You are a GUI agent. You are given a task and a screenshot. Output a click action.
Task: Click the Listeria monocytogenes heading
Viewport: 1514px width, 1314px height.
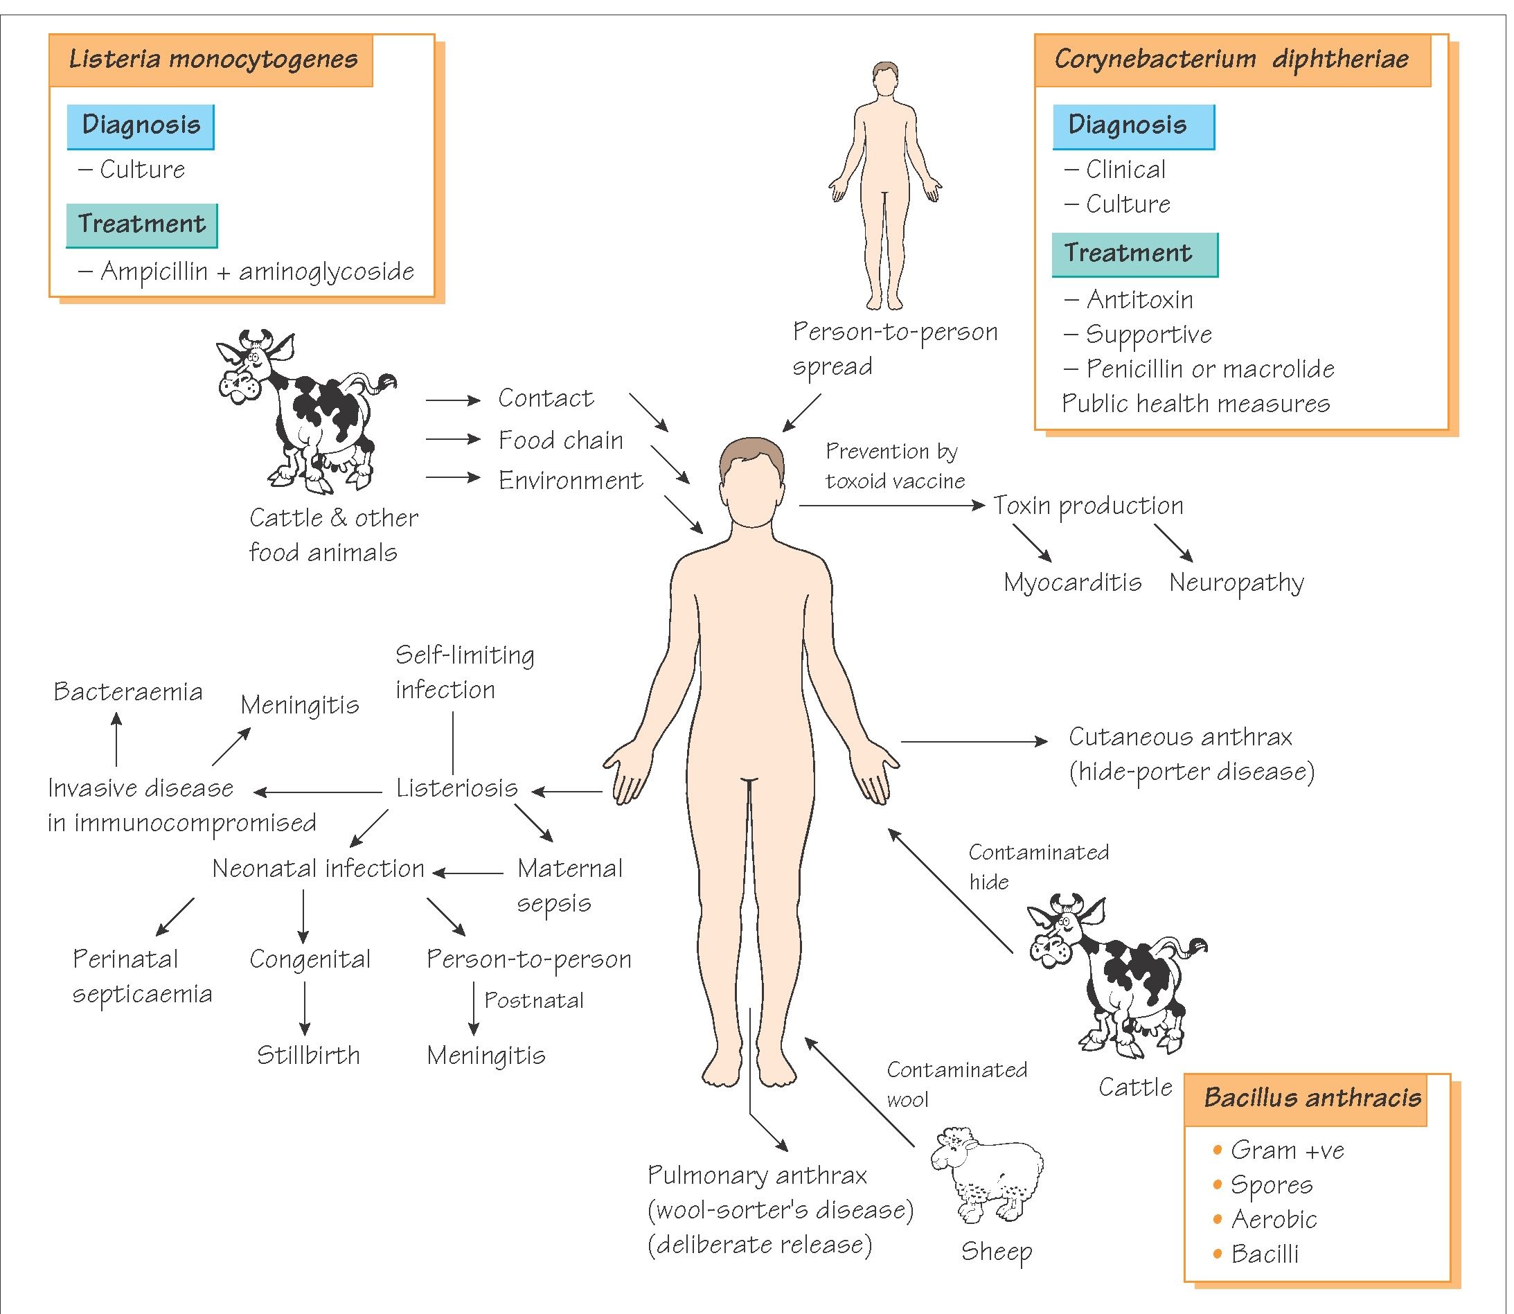point(213,60)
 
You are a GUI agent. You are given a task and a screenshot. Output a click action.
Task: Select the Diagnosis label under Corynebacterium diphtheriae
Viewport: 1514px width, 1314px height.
point(1127,125)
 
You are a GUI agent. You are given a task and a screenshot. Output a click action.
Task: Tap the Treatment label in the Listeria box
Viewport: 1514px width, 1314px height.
point(141,224)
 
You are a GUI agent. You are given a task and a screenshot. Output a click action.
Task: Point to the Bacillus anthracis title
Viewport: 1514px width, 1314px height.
point(1312,1098)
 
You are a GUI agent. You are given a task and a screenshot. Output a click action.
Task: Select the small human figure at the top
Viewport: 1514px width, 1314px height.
point(885,187)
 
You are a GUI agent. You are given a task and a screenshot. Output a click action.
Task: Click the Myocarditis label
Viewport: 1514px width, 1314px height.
point(1072,583)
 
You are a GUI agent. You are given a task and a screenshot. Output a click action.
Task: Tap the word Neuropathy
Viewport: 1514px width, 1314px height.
point(1236,583)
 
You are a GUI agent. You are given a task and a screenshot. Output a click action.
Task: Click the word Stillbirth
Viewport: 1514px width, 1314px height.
point(308,1055)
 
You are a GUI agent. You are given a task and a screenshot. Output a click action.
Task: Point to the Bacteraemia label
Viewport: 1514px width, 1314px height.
point(128,691)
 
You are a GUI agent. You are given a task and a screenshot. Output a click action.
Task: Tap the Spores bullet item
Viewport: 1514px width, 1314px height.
point(1272,1185)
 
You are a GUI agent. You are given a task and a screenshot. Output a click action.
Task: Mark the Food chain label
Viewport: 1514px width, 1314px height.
point(561,440)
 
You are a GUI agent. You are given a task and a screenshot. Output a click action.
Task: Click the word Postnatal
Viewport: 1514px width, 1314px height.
point(534,1001)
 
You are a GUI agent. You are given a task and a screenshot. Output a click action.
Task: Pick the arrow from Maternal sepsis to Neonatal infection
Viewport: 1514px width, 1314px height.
point(467,873)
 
